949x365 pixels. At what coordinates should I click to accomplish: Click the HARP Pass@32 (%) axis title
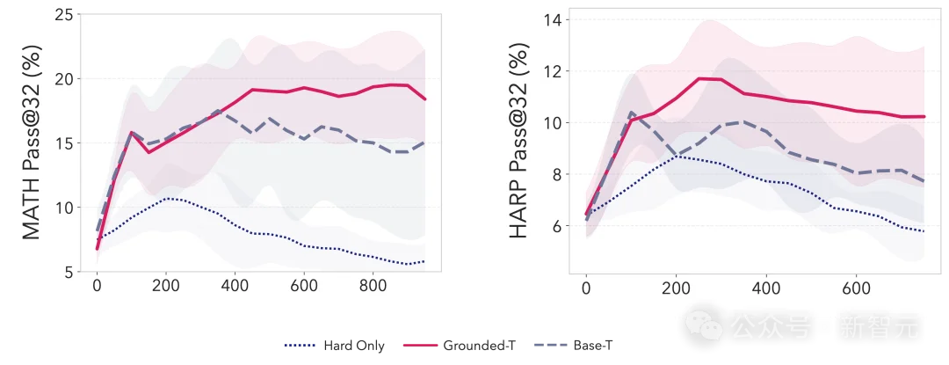(x=519, y=142)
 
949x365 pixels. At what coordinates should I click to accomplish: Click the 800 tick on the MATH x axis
(x=373, y=286)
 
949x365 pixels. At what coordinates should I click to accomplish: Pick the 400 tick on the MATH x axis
(x=235, y=286)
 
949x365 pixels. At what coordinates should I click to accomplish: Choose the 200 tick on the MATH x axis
(x=166, y=286)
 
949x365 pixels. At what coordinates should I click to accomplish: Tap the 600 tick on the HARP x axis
(x=857, y=286)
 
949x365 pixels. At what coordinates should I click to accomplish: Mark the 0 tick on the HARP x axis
(x=586, y=286)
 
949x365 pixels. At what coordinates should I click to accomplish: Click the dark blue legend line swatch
(x=299, y=345)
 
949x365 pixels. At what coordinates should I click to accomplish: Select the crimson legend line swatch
(x=417, y=345)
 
